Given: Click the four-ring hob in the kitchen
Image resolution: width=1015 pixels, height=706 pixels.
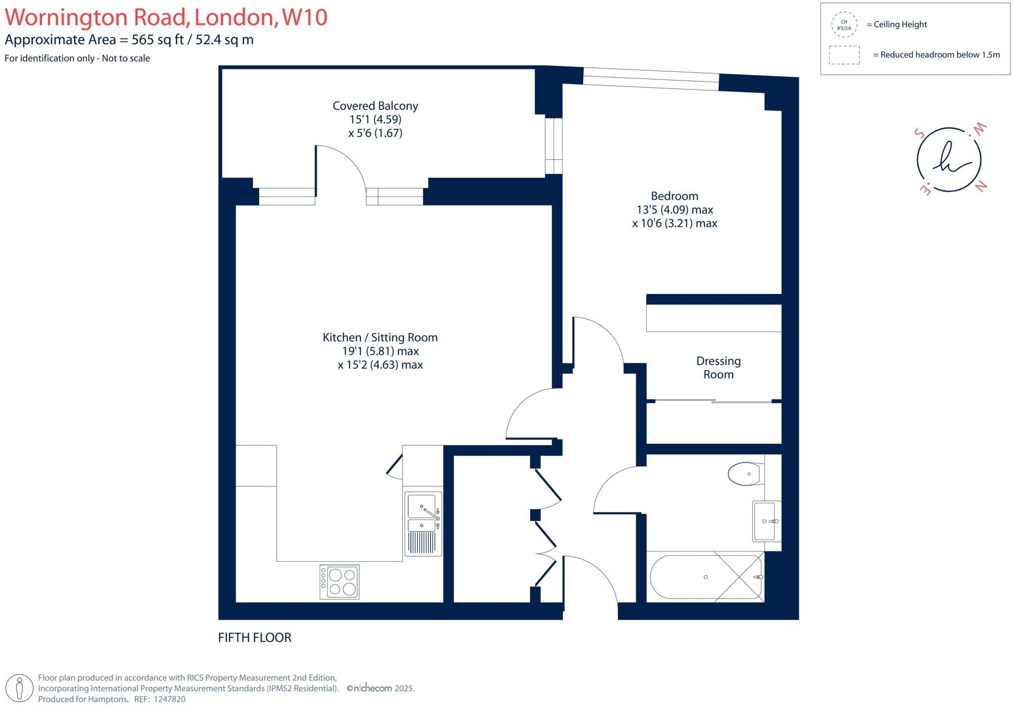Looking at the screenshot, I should point(339,582).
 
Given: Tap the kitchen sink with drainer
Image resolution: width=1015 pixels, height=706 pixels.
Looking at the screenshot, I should point(423,524).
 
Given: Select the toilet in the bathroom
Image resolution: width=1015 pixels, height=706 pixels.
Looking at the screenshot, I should point(744,473).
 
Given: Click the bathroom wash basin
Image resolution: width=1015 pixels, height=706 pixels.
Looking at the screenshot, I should point(764,521).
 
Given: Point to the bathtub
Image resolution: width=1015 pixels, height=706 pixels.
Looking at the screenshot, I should point(706,577).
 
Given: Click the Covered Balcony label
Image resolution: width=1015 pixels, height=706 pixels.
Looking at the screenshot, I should point(375,106).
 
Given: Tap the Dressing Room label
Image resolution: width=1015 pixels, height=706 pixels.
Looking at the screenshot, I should point(718,367).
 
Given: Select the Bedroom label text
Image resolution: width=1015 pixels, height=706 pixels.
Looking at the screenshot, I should point(674,196).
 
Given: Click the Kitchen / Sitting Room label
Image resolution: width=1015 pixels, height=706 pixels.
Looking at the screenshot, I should point(380,338).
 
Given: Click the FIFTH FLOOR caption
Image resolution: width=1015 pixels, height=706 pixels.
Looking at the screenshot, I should point(255,638).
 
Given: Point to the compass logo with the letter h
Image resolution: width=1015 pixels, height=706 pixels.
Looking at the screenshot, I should point(949,160).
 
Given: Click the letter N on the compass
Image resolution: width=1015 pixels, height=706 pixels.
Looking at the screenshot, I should point(981,186).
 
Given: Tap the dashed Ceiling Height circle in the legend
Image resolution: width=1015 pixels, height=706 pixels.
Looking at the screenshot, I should point(844,25).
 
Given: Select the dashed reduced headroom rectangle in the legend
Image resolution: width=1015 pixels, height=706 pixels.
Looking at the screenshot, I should point(844,55).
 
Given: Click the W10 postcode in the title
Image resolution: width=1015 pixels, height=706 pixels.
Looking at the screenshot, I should point(304,17).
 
